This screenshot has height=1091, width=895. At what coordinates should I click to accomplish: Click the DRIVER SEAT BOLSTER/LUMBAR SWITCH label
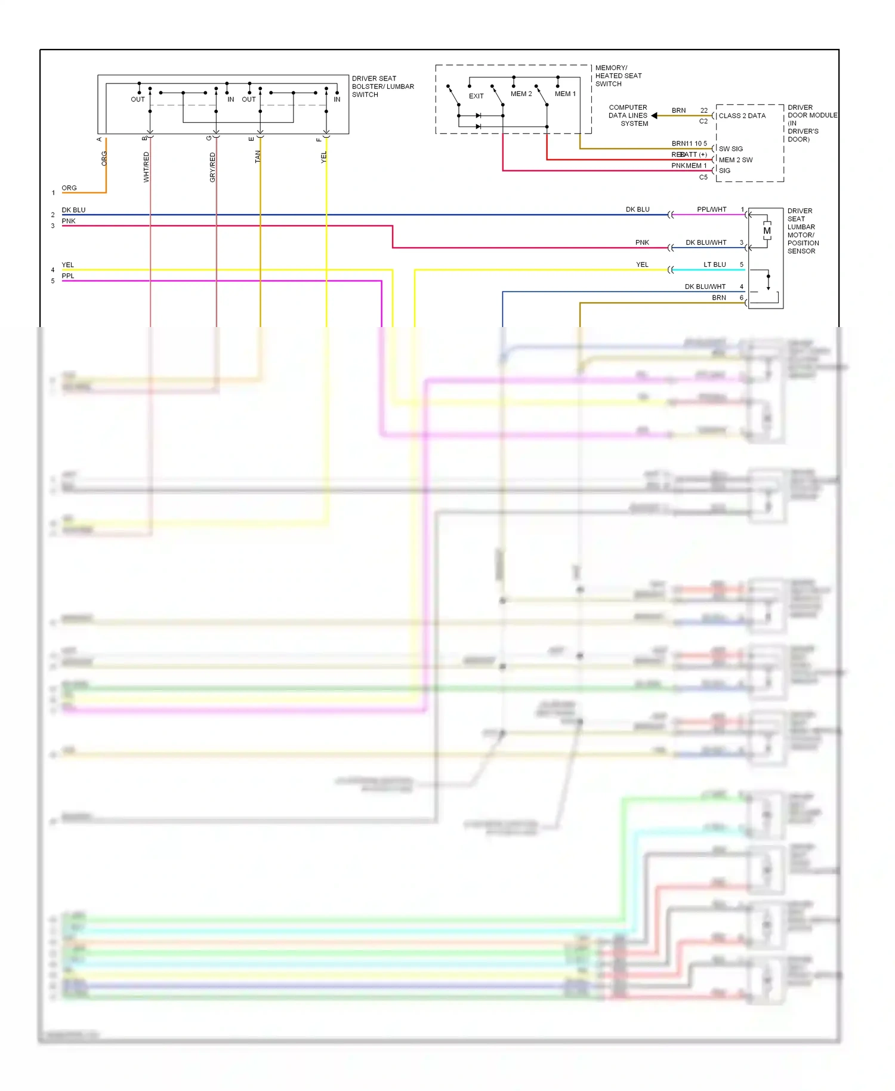tap(382, 87)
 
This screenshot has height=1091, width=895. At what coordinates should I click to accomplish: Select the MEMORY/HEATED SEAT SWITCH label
tap(618, 76)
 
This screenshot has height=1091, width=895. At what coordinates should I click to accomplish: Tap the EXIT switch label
tap(476, 96)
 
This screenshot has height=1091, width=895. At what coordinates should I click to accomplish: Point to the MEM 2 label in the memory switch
tap(520, 94)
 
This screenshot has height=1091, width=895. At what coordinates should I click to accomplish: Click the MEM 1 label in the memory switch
tap(564, 94)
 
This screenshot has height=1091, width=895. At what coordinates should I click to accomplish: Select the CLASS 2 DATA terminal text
tap(742, 116)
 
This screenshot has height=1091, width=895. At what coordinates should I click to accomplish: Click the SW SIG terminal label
tap(730, 149)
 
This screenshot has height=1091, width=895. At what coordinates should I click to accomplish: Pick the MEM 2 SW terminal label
tap(735, 160)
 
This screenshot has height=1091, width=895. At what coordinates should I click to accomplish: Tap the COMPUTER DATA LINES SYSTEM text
tap(628, 116)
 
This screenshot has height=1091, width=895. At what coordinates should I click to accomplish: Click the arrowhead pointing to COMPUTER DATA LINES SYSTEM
tap(655, 116)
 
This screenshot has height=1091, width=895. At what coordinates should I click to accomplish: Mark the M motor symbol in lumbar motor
tap(767, 231)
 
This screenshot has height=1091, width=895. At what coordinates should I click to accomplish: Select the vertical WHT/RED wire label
tap(146, 167)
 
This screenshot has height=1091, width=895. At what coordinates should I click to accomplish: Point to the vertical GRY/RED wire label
tap(212, 167)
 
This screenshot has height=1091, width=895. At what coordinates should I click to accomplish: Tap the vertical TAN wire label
tap(258, 156)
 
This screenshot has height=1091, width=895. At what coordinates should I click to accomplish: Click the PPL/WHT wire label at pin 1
tap(711, 209)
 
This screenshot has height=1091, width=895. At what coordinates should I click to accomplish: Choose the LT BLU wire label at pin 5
tap(714, 264)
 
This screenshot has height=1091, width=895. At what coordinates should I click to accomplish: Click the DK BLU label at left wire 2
tap(73, 210)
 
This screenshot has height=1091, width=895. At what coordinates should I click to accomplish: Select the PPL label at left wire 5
tap(68, 276)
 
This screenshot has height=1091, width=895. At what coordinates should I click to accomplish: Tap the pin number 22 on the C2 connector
tap(703, 110)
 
